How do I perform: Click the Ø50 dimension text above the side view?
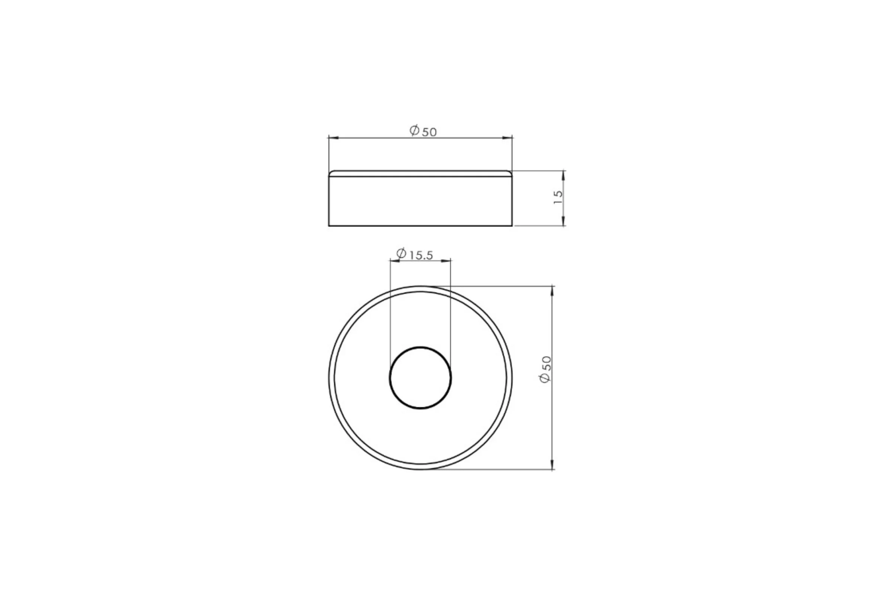pos(423,131)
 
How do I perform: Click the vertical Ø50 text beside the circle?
pos(545,370)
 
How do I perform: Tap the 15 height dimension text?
pos(558,197)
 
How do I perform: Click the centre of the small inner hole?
pos(420,378)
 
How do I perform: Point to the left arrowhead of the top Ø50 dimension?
pos(333,138)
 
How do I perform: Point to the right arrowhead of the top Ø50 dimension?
pos(508,138)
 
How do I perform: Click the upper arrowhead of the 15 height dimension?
pos(563,175)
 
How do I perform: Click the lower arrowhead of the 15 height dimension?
pos(563,221)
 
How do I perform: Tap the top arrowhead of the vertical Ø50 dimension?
pos(552,291)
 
